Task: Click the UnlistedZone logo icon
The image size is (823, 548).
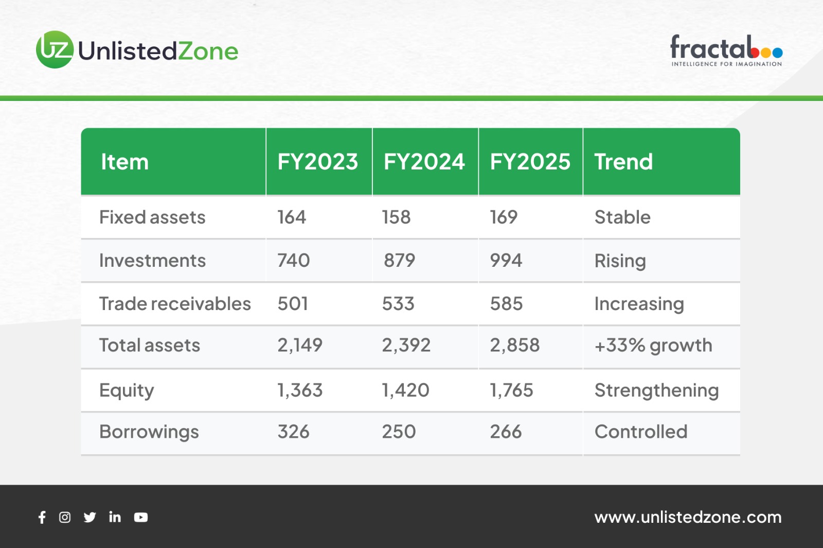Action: click(x=55, y=49)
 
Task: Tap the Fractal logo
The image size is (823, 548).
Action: click(x=726, y=50)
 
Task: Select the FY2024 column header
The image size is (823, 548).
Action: click(x=424, y=161)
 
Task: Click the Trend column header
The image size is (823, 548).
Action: click(x=623, y=161)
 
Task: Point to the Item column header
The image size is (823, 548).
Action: click(x=124, y=161)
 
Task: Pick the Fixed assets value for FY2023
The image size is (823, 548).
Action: click(x=292, y=217)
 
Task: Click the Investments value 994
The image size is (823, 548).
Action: click(x=506, y=261)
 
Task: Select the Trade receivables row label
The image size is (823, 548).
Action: click(x=175, y=304)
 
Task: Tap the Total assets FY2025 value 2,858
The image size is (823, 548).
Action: click(x=515, y=345)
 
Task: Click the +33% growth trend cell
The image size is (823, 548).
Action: click(x=653, y=346)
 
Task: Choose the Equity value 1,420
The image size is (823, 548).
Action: click(x=406, y=390)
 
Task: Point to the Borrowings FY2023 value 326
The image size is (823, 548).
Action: click(x=294, y=432)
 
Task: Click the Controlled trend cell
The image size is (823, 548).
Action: click(x=641, y=432)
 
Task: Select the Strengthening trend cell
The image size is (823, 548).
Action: click(x=656, y=390)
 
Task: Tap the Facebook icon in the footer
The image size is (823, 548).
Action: click(x=42, y=517)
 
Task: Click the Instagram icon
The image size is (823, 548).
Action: click(x=65, y=517)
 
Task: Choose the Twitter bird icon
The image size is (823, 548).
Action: click(x=90, y=517)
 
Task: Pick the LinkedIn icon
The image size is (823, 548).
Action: click(x=115, y=517)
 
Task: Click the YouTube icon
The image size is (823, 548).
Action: click(x=141, y=517)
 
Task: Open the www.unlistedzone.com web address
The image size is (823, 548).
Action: click(x=688, y=517)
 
